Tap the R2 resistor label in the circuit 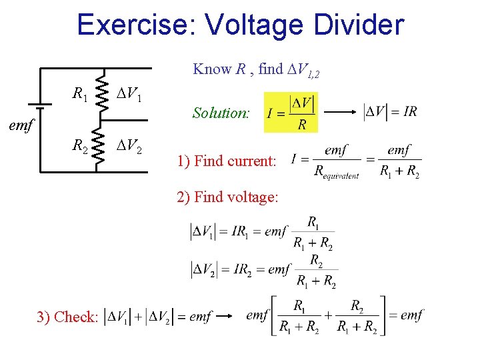tap(80, 145)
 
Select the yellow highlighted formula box tap(291, 112)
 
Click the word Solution tap(221, 113)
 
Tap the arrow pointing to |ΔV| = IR tap(339, 112)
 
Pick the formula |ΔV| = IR tap(391, 112)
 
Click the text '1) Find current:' tap(226, 161)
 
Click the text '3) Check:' tap(67, 317)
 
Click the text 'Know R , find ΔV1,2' tap(256, 69)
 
